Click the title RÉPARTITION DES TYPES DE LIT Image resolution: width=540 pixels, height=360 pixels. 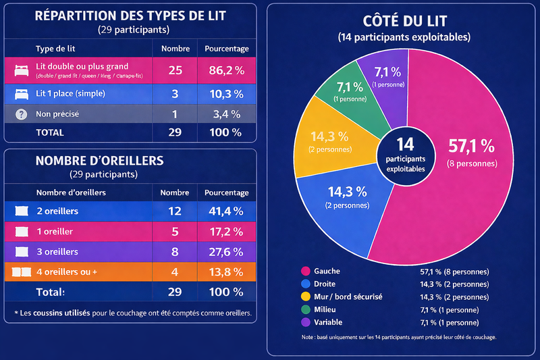pos(130,17)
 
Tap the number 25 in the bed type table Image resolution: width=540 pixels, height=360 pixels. pos(175,70)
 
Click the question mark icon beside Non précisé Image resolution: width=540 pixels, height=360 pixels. pos(20,114)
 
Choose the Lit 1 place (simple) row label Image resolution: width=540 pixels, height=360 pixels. pos(70,93)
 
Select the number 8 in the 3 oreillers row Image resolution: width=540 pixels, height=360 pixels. pos(175,252)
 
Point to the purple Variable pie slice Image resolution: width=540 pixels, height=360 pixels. pos(385,74)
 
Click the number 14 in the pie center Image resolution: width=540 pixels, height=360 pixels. pos(405,144)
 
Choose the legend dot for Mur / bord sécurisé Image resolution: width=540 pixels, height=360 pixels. pos(304,296)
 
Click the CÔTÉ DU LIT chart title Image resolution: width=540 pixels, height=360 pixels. pos(404,22)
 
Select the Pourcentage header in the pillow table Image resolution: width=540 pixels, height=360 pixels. pos(226,192)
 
